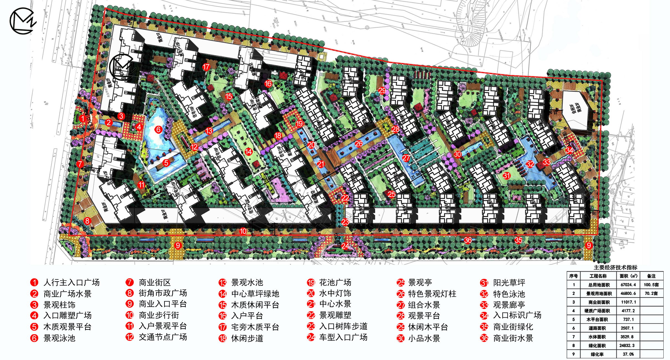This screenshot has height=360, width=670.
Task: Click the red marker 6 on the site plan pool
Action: (158, 129)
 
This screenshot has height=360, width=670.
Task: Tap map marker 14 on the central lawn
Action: (248, 151)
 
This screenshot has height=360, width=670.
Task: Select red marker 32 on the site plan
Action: (530, 164)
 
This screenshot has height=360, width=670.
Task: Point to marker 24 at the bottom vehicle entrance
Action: (345, 246)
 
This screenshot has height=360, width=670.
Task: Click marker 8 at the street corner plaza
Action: (88, 221)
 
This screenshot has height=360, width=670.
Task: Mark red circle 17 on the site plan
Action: (206, 67)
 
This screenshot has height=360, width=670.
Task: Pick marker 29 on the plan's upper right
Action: (382, 90)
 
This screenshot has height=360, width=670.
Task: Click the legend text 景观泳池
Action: (59, 338)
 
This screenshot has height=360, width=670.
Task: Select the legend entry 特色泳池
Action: (509, 294)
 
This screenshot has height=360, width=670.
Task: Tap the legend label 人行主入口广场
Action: (71, 282)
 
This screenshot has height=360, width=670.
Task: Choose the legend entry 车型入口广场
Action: (343, 337)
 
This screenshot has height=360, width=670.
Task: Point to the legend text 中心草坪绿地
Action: (255, 294)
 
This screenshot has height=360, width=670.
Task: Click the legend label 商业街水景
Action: (513, 338)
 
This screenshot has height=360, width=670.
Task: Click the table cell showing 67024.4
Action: (628, 285)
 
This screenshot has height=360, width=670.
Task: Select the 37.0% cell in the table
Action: (628, 354)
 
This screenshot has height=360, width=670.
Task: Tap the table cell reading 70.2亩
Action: (651, 293)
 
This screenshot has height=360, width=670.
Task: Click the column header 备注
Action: (651, 276)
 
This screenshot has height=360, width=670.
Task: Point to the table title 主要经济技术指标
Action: (615, 268)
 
